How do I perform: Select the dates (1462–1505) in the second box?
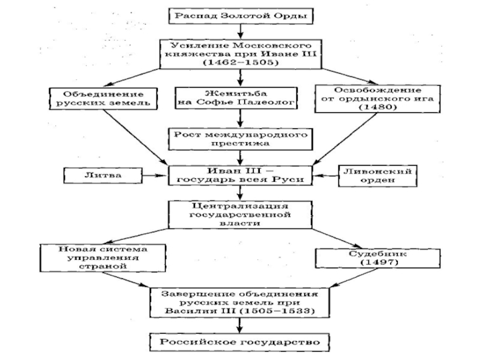[x=240, y=63]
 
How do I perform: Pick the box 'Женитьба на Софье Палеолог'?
[x=240, y=98]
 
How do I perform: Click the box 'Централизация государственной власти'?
[x=240, y=214]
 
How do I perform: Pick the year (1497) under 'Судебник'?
[x=365, y=263]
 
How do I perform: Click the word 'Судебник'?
[x=365, y=253]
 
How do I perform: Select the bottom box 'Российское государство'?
[x=240, y=342]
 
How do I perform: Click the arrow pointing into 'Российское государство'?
[x=240, y=326]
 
